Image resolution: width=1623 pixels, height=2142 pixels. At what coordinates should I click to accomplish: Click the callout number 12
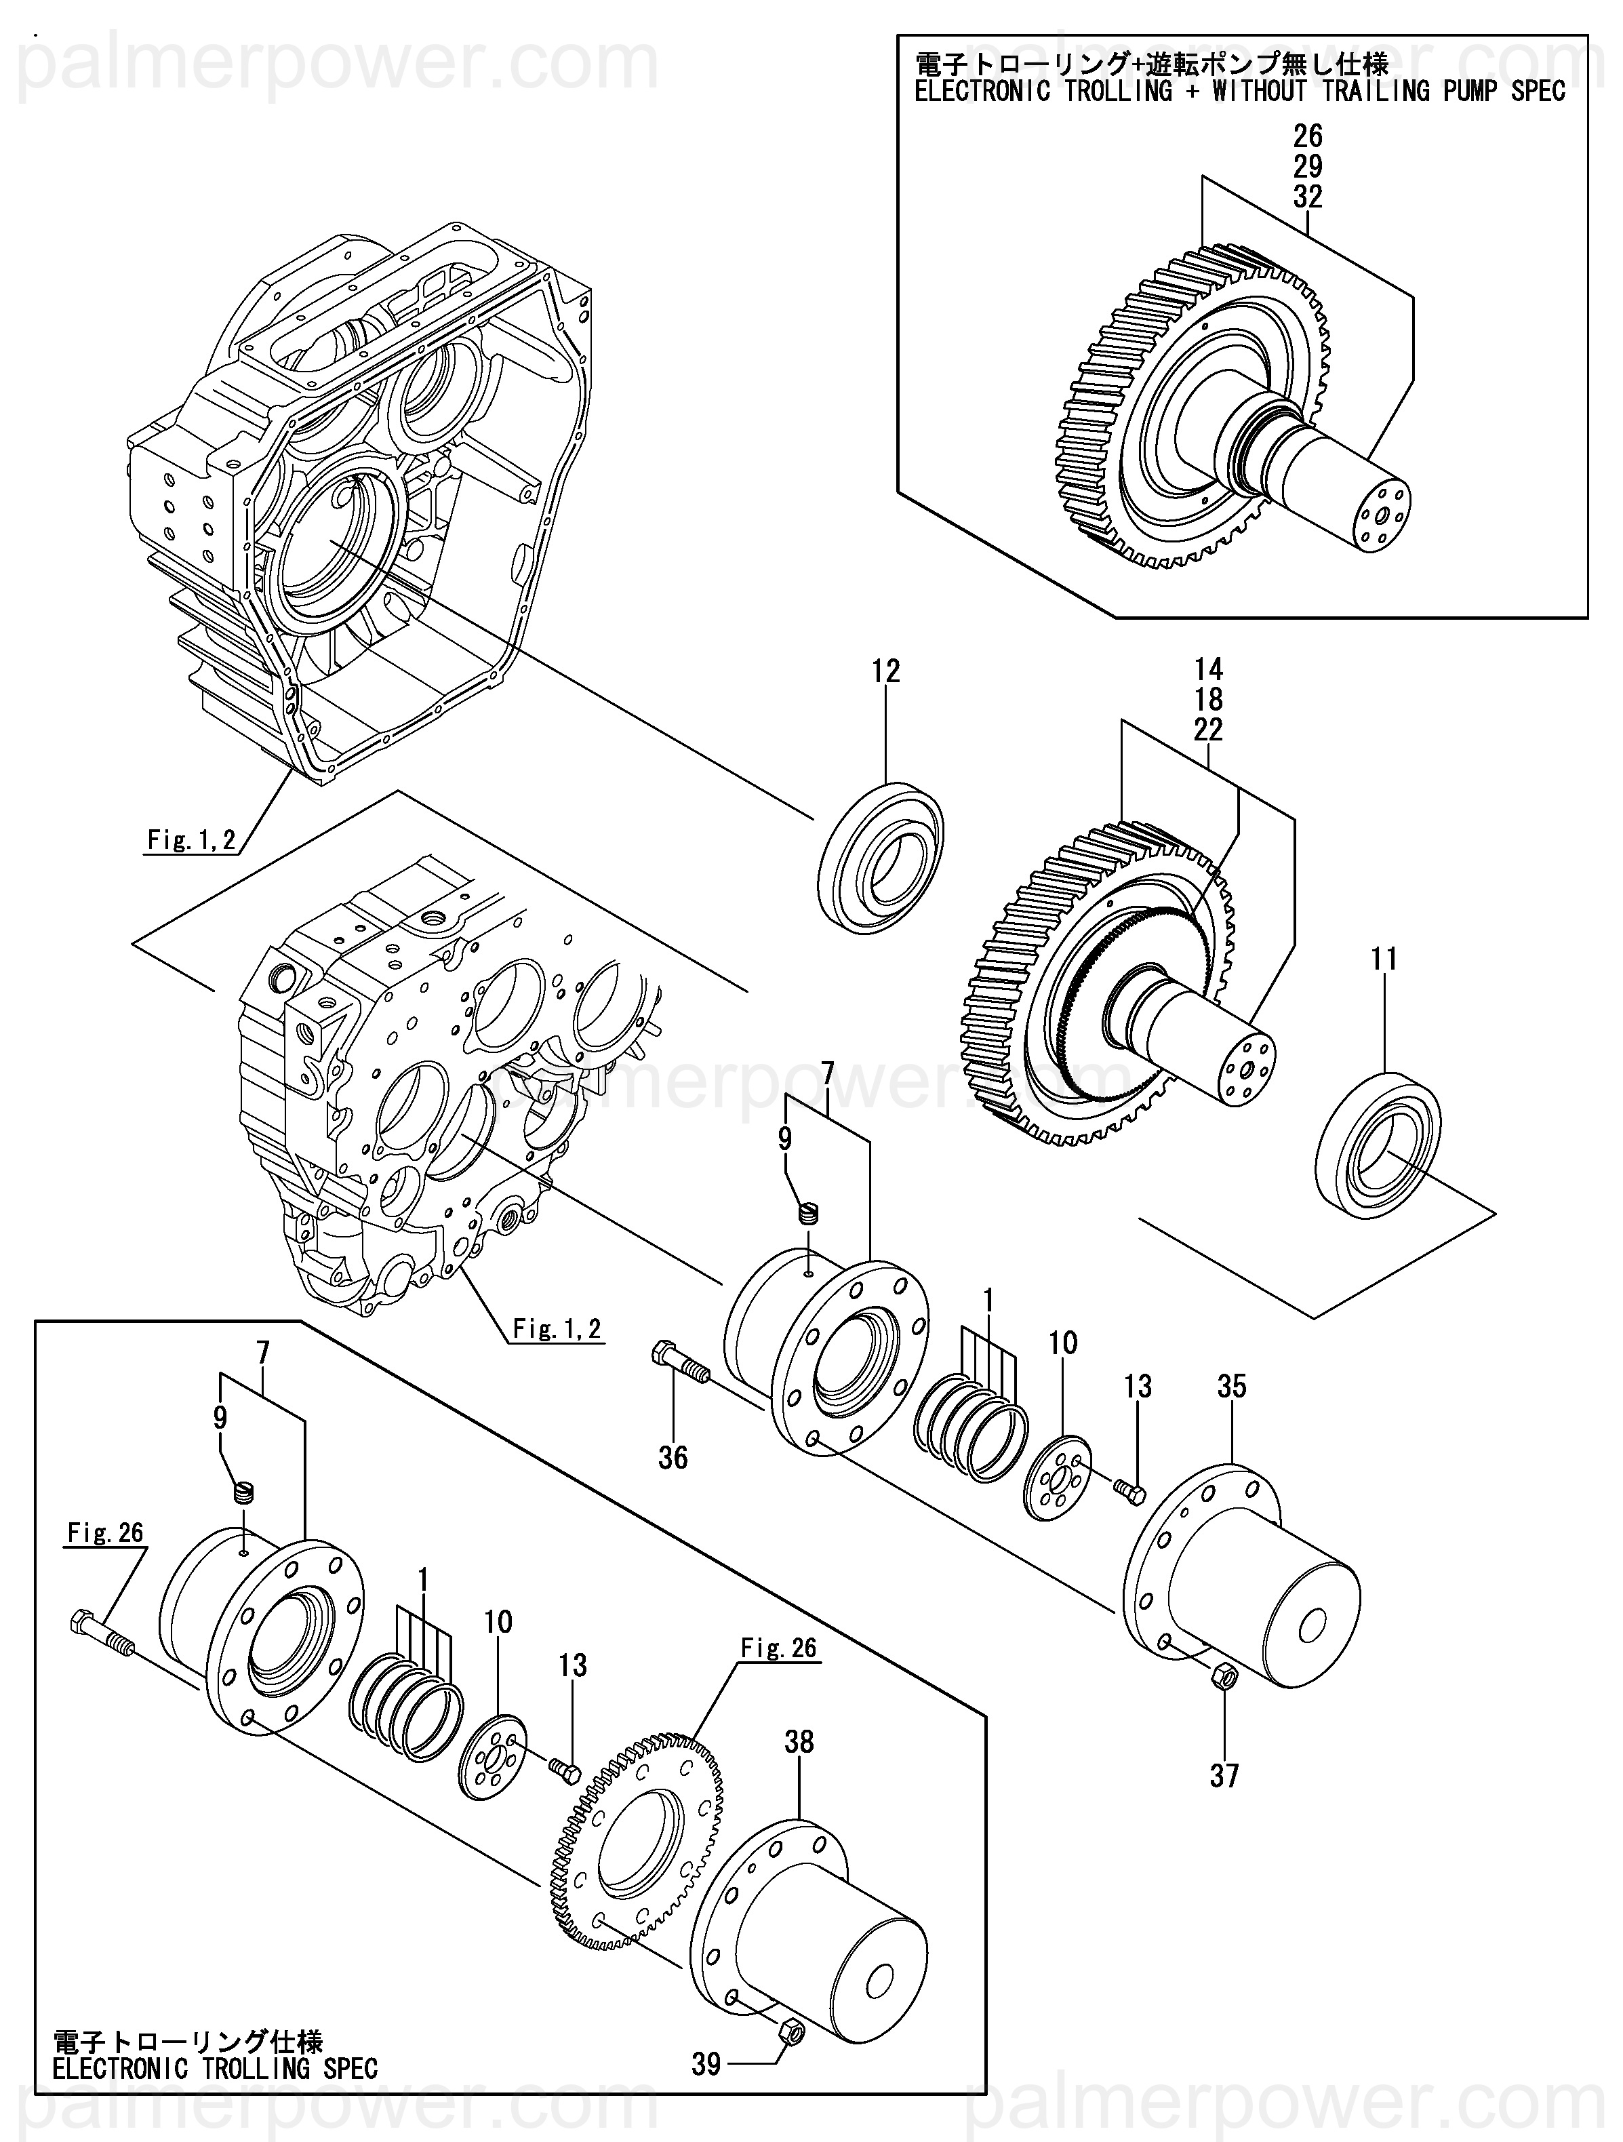point(886,671)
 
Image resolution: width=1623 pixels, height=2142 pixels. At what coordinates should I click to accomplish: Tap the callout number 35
point(1232,1387)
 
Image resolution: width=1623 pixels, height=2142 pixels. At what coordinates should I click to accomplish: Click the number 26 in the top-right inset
point(1307,135)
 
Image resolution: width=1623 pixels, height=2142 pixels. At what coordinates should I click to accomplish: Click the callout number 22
point(1209,729)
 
